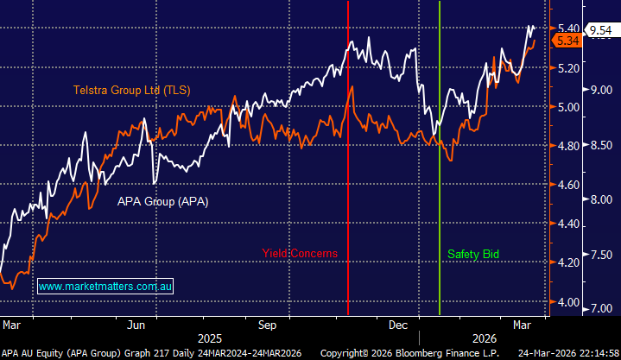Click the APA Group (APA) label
pyautogui.click(x=163, y=201)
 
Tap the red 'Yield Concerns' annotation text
pyautogui.click(x=300, y=254)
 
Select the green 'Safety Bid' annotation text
pyautogui.click(x=473, y=254)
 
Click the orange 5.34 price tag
pyautogui.click(x=567, y=41)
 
